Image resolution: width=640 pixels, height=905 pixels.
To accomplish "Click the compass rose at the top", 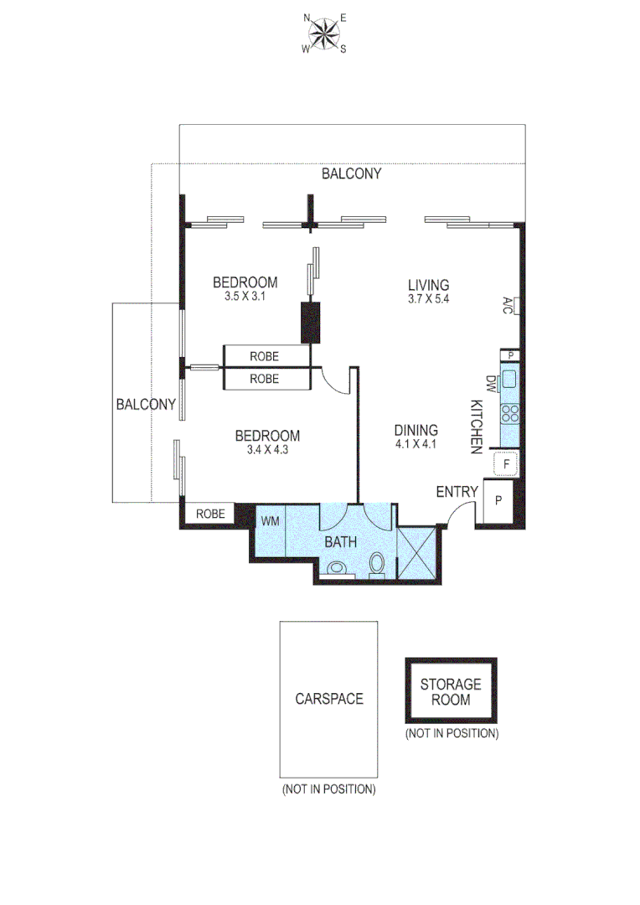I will pyautogui.click(x=324, y=32).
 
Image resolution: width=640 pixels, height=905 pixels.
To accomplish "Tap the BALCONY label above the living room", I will pyautogui.click(x=352, y=174).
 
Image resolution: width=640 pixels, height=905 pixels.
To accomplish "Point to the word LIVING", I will pyautogui.click(x=428, y=285).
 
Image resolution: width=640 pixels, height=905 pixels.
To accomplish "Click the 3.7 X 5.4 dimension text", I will pyautogui.click(x=428, y=299).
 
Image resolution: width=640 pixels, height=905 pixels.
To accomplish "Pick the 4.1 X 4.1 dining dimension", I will pyautogui.click(x=416, y=445).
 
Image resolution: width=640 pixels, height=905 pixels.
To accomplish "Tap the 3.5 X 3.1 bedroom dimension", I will pyautogui.click(x=245, y=296).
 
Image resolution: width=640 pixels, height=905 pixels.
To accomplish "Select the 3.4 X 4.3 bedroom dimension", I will pyautogui.click(x=267, y=450).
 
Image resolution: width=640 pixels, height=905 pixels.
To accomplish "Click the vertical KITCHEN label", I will pyautogui.click(x=476, y=427).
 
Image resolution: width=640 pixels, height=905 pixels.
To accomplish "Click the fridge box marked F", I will pyautogui.click(x=507, y=462).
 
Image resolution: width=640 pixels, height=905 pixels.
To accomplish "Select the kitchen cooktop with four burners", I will pyautogui.click(x=509, y=412).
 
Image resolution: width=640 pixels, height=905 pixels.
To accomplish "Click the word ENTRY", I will pyautogui.click(x=457, y=492).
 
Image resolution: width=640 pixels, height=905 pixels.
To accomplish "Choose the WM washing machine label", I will pyautogui.click(x=270, y=520).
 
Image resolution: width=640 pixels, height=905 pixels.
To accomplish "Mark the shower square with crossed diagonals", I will pyautogui.click(x=416, y=554).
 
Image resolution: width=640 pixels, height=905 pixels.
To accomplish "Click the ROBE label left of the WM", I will pyautogui.click(x=210, y=514).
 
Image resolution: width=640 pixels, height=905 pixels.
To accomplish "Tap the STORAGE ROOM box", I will pyautogui.click(x=451, y=691).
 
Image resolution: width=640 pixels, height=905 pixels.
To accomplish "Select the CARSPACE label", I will pyautogui.click(x=328, y=698).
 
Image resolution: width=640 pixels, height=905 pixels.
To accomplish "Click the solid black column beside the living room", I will pyautogui.click(x=312, y=321).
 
